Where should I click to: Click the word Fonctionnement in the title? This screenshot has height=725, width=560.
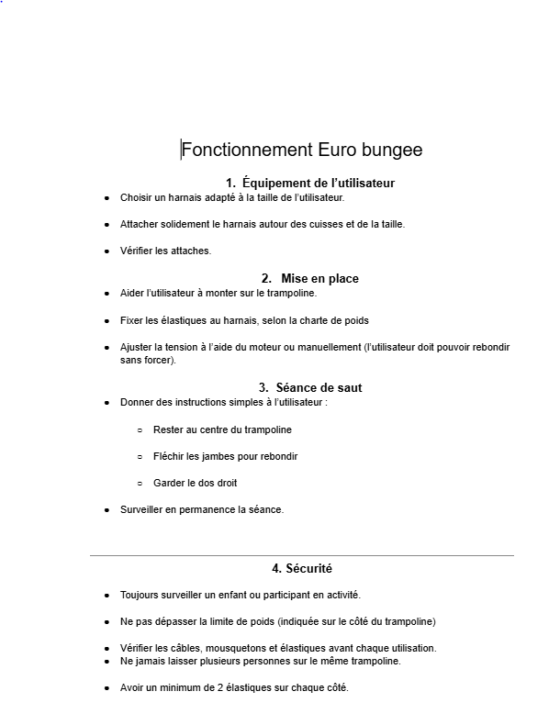[247, 150]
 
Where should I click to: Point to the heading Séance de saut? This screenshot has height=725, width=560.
[319, 387]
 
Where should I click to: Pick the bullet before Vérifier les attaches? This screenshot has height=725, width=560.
[106, 251]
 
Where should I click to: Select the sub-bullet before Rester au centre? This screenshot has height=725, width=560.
[140, 429]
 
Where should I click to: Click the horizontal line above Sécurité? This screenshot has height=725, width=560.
[301, 555]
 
